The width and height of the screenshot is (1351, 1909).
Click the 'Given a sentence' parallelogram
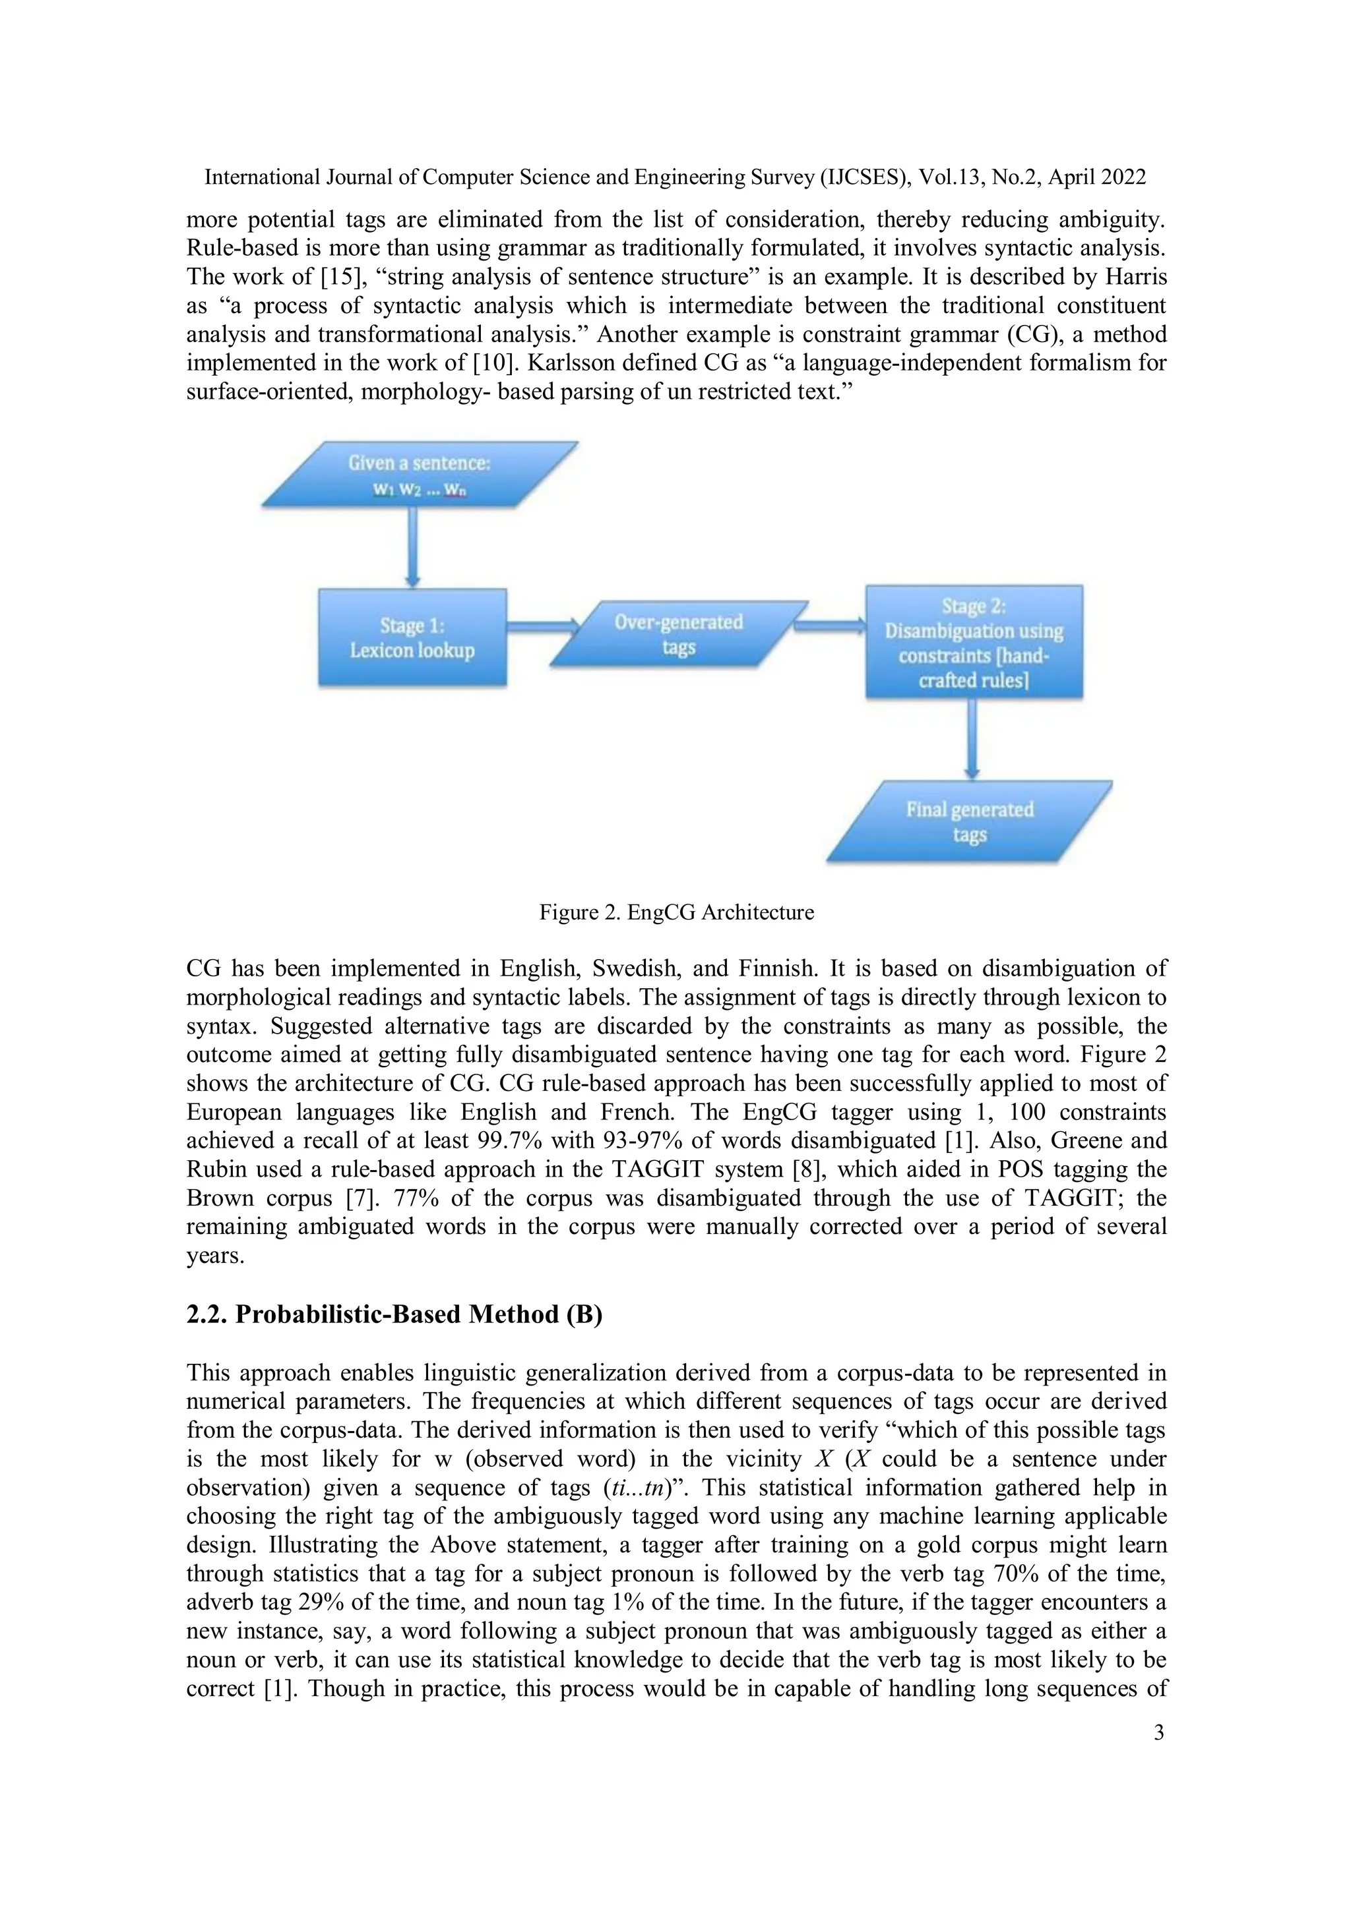pos(420,474)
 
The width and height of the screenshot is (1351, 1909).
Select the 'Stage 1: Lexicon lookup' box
pos(412,637)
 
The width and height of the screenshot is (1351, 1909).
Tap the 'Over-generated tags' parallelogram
pos(679,634)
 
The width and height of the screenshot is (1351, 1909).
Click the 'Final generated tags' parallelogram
pos(969,821)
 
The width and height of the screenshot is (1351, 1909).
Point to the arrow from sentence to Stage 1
pos(412,547)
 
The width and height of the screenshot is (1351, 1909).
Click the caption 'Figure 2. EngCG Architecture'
pos(676,912)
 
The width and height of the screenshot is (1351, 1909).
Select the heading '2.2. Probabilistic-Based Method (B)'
pos(394,1314)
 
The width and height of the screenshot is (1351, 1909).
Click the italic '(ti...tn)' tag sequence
pos(643,1488)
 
